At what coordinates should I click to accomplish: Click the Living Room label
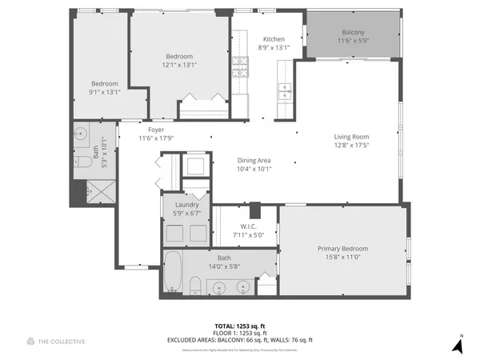tap(351, 136)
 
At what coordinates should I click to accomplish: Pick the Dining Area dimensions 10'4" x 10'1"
tap(254, 170)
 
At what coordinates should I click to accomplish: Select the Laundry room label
tap(186, 205)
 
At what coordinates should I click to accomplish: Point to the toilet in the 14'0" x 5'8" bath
tap(194, 285)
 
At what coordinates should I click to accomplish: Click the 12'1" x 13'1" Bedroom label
tap(179, 56)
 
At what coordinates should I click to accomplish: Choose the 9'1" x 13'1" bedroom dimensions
tap(105, 92)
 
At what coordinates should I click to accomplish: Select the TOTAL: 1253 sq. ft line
tap(239, 326)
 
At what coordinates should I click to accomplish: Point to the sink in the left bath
tap(80, 134)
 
